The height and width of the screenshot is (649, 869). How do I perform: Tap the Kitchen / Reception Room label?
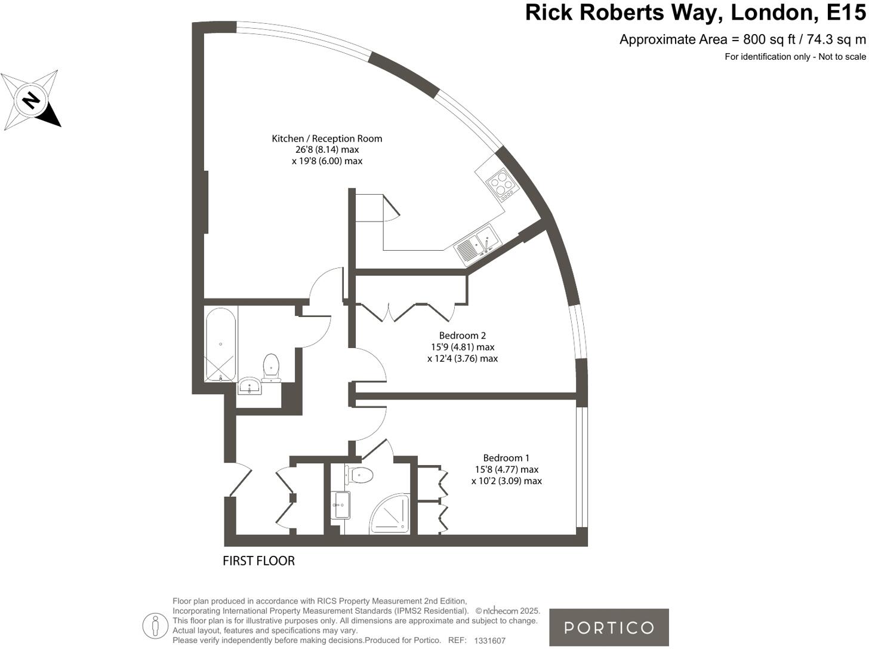pos(326,139)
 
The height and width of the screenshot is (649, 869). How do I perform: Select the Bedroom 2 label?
pos(462,336)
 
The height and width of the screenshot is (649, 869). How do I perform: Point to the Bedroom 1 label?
pos(506,458)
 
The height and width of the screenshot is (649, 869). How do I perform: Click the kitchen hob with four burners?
pos(500,183)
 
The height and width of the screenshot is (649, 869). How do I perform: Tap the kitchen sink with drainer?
pos(477,245)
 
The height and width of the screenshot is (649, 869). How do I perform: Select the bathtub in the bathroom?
pos(220,345)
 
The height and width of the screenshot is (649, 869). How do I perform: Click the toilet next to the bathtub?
pos(271,367)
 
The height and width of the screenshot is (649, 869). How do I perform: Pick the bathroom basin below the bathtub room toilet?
pos(250,386)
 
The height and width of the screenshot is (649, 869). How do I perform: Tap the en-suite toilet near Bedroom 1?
pos(359,475)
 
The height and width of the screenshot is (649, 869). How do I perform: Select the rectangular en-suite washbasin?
pos(341,505)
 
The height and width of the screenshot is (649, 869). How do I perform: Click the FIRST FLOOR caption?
pos(258,561)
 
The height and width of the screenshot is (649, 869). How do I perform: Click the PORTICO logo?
pos(609,628)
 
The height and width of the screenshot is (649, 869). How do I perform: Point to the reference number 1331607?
pos(489,641)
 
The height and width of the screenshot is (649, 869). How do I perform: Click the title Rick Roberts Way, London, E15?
pos(695,13)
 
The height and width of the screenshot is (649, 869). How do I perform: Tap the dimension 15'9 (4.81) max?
pos(463,347)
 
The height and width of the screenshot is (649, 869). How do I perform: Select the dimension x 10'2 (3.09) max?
pos(506,481)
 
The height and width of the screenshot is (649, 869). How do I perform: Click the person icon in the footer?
pos(155,626)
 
